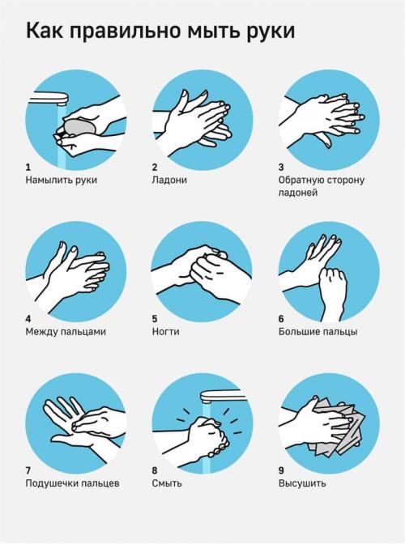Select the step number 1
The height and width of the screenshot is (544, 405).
(x=28, y=168)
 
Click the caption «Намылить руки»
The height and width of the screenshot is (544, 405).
(x=61, y=180)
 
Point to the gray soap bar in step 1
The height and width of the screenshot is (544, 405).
(x=78, y=126)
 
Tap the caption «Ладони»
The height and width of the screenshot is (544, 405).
(x=169, y=180)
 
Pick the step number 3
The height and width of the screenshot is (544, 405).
(x=281, y=168)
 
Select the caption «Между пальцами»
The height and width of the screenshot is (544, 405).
(x=66, y=332)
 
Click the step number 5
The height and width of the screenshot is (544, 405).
(x=155, y=319)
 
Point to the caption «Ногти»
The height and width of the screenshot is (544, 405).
(x=165, y=332)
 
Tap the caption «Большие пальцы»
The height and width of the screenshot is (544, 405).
(x=318, y=332)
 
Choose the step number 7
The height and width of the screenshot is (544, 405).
(x=28, y=470)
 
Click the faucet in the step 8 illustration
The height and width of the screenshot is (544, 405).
(x=221, y=396)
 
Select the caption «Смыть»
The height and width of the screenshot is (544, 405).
(x=167, y=483)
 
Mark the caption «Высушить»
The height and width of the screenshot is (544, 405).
(x=302, y=483)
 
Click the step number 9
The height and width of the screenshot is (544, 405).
(x=281, y=470)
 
